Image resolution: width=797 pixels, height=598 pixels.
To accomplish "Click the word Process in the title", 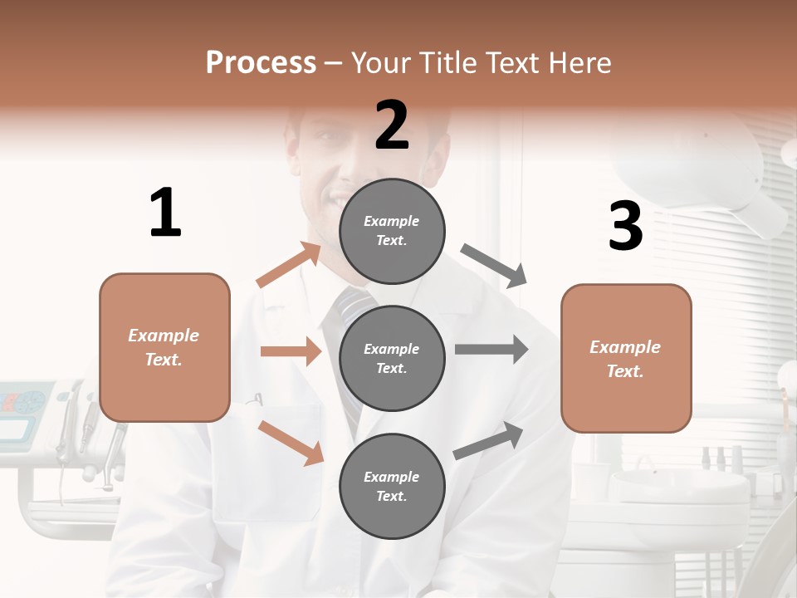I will tap(261, 62).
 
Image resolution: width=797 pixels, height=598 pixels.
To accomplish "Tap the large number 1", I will tap(165, 213).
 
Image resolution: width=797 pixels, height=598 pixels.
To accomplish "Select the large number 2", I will tap(392, 125).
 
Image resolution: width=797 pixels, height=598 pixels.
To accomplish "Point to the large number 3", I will tap(626, 226).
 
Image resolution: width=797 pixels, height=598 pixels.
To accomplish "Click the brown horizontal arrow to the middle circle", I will tap(291, 351).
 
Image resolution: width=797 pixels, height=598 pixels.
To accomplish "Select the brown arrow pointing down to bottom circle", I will tap(291, 442).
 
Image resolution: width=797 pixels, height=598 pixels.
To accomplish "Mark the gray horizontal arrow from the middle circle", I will tap(491, 350).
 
